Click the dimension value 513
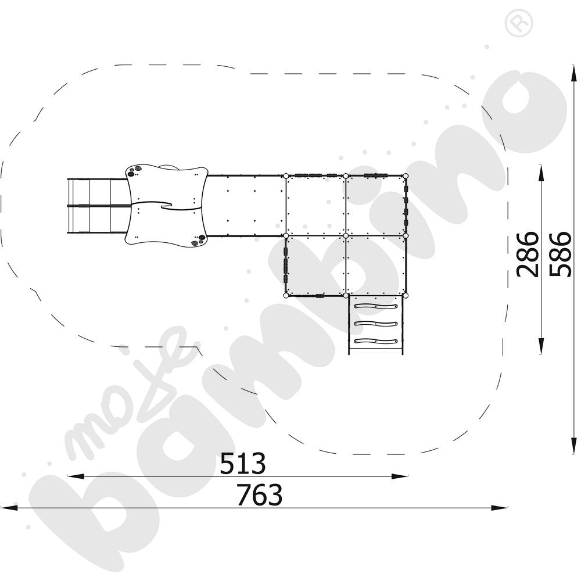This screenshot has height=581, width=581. coord(243,463)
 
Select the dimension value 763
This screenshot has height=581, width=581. coord(260,494)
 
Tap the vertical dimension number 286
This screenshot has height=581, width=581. coord(528,254)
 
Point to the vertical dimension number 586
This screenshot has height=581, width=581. coord(560,254)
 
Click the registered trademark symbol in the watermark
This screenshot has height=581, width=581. coord(519,23)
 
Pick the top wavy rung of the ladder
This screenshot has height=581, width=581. coord(376,306)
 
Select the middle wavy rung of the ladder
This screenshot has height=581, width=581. coord(376,324)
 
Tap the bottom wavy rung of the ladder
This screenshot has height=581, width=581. coord(376,341)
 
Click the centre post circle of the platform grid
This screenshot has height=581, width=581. coord(345,236)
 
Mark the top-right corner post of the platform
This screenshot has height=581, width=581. coord(406,175)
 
